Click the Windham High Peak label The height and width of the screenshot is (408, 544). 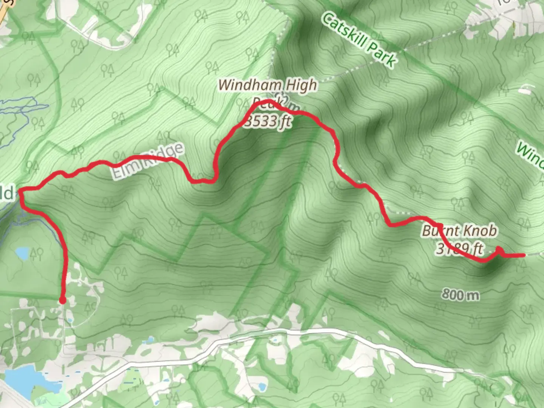tap(267, 85)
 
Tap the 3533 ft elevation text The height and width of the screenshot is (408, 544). tap(267, 122)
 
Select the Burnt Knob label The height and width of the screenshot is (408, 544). tap(459, 230)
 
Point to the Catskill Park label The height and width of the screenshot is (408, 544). tap(359, 40)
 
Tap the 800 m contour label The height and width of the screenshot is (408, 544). tap(460, 294)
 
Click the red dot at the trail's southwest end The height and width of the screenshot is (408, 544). tap(63, 300)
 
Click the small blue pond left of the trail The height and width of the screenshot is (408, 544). tap(22, 253)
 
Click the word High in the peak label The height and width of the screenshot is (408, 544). tap(301, 86)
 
